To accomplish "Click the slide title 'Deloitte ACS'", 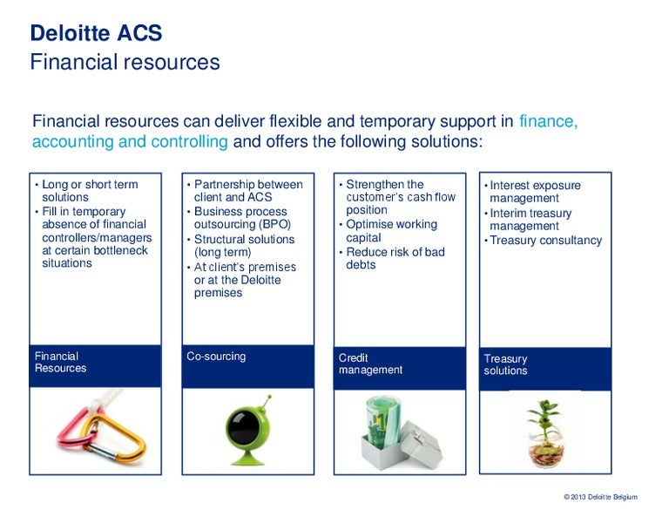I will coord(96,34).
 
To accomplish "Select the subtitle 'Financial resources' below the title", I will coord(125,63).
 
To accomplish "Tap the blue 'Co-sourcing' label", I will coord(216,357).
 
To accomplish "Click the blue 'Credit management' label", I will coord(370,364).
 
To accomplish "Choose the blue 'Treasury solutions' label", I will coord(506,364).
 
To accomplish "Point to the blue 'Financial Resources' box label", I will coord(61,362).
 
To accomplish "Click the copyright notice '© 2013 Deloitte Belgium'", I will coord(600,497).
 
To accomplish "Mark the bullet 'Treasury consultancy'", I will coord(545,241).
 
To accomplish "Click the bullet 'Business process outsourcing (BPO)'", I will coord(240,218).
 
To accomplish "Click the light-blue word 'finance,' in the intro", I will coord(548,121).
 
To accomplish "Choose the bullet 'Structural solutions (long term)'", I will coord(244,246).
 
